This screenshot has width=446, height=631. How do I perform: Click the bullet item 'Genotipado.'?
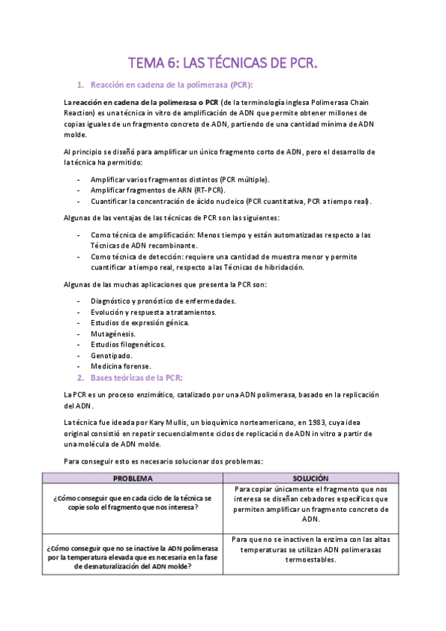[x=112, y=356]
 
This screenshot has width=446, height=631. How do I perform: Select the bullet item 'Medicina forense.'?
[x=121, y=366]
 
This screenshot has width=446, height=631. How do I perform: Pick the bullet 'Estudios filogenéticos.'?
[x=128, y=345]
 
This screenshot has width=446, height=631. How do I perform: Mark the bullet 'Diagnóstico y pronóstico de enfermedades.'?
[x=163, y=301]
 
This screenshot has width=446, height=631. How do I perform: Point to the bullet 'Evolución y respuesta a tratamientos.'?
[x=153, y=312]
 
